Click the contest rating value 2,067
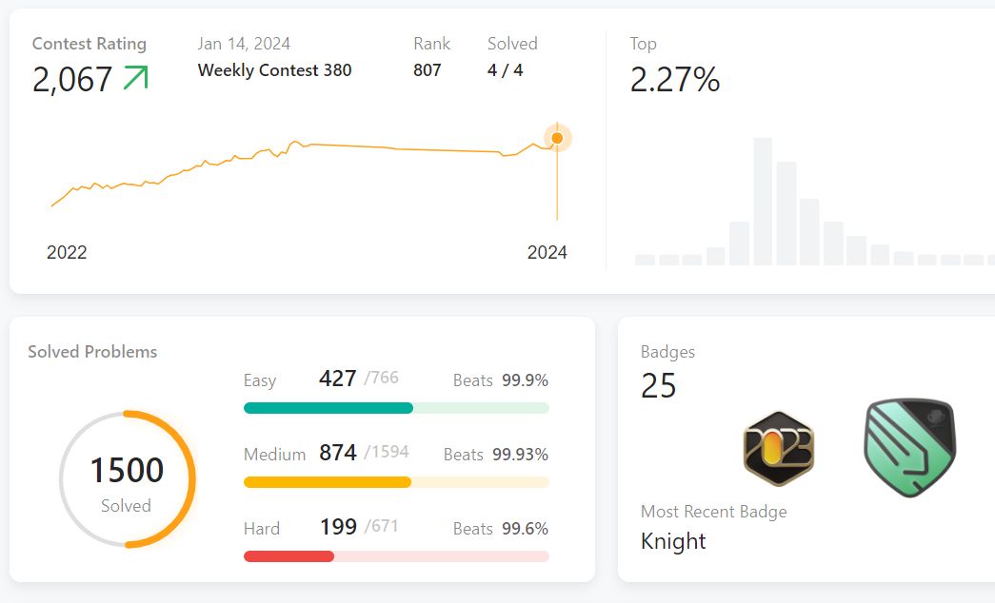[x=72, y=80]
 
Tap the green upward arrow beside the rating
[x=136, y=78]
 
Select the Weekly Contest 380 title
[x=274, y=70]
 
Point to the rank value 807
[x=427, y=70]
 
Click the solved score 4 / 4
[x=505, y=70]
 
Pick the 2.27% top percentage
[x=674, y=80]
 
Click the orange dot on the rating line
[x=557, y=139]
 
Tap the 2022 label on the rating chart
[x=67, y=252]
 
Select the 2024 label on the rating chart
[x=547, y=252]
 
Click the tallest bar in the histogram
[x=763, y=202]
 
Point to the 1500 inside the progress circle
[x=127, y=470]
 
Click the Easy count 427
[x=337, y=379]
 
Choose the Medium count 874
[x=337, y=453]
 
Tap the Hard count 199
[x=338, y=527]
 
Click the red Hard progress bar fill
[x=289, y=556]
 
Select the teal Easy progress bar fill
[x=328, y=408]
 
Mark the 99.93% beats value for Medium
[x=520, y=455]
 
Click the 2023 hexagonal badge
[x=779, y=448]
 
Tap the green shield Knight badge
[x=909, y=447]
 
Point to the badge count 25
[x=658, y=386]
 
